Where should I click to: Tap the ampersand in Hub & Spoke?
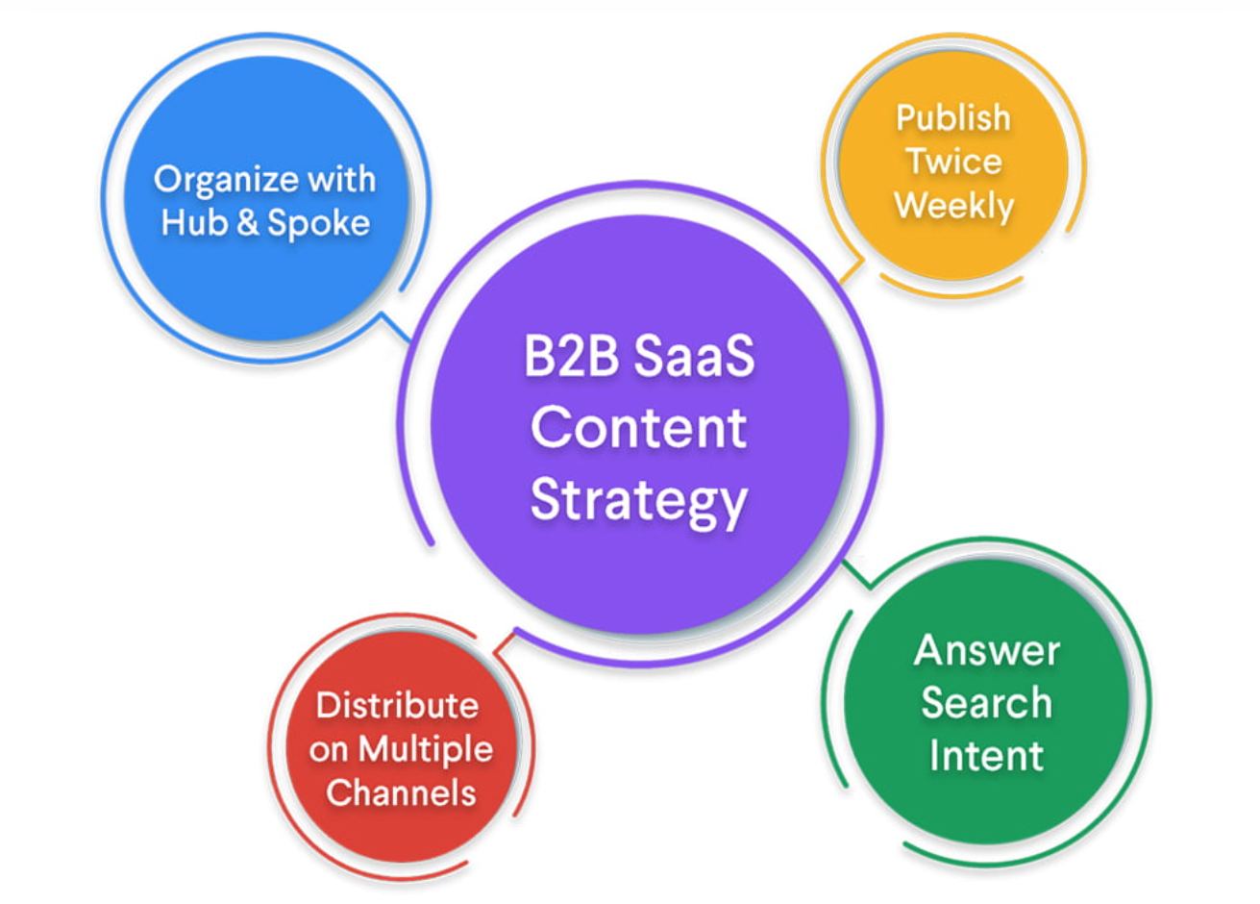(x=247, y=223)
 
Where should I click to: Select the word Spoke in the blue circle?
(x=318, y=223)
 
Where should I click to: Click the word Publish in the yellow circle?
(x=952, y=117)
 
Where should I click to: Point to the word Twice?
(x=953, y=161)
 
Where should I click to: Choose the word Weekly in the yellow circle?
(x=953, y=205)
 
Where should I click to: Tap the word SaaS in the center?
(x=694, y=358)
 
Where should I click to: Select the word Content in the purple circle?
(x=638, y=428)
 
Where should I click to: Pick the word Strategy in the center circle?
(x=638, y=501)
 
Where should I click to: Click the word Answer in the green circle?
(x=986, y=651)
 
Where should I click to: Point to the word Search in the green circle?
(x=986, y=703)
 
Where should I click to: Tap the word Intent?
(x=986, y=755)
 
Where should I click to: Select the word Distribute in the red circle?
(x=397, y=705)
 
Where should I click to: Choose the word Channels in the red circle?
(x=401, y=793)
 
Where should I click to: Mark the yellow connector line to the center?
(x=850, y=272)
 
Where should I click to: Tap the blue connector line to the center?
(x=396, y=324)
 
